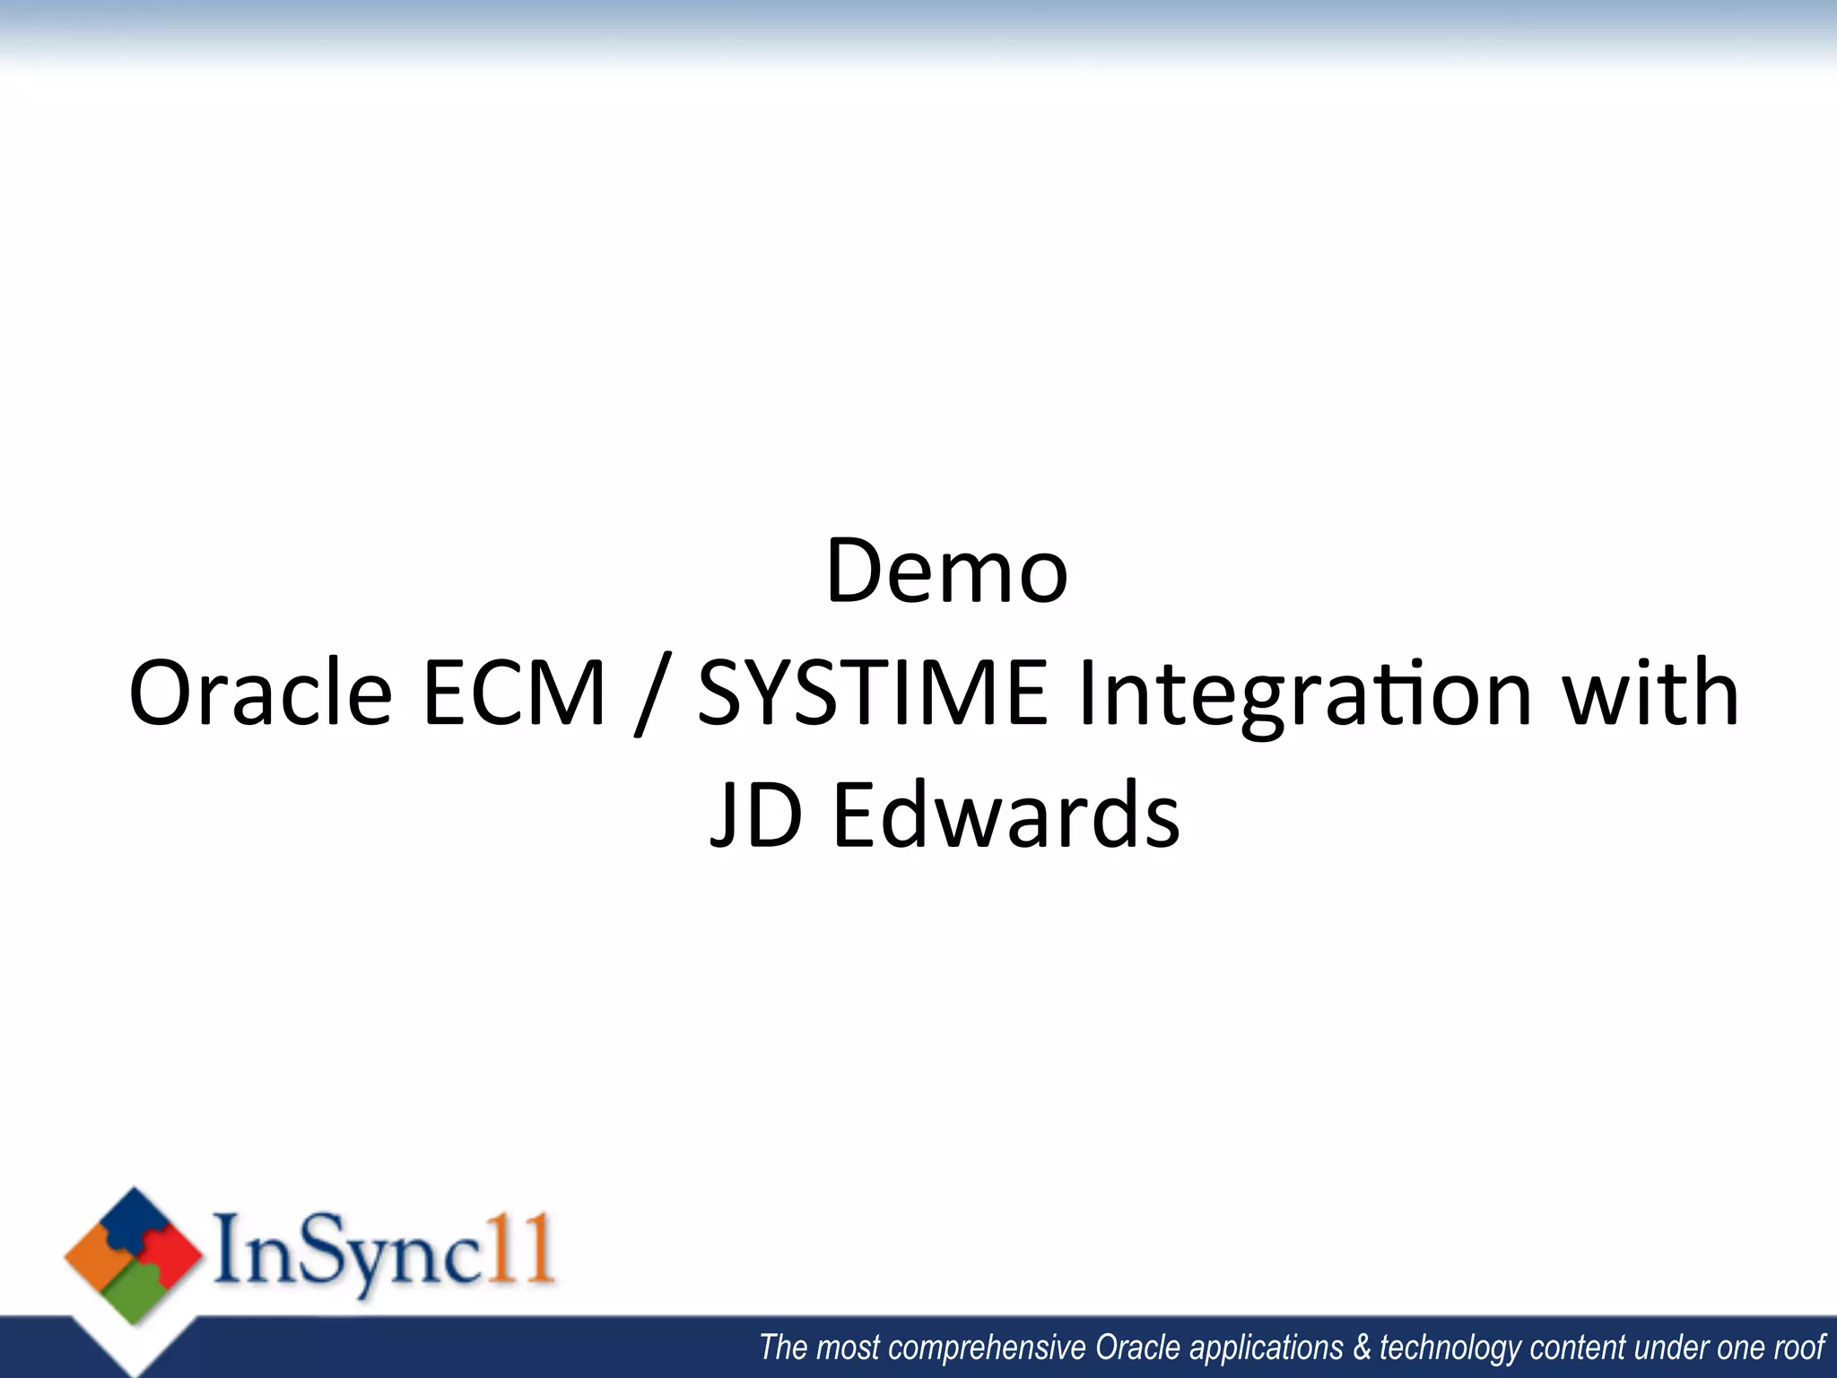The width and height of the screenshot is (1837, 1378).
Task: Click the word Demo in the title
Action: [946, 571]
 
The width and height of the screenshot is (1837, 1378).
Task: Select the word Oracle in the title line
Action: [260, 693]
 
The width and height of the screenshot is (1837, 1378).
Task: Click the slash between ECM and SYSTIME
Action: [652, 696]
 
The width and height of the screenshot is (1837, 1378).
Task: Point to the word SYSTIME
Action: [872, 693]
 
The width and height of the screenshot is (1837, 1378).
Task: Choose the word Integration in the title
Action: [1304, 695]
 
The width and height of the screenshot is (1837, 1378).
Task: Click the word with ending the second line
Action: [1650, 693]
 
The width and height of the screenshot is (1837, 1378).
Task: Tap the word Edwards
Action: [1006, 815]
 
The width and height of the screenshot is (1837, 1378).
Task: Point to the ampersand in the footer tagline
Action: [1362, 1347]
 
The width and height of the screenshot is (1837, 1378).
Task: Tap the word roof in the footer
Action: [1799, 1347]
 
